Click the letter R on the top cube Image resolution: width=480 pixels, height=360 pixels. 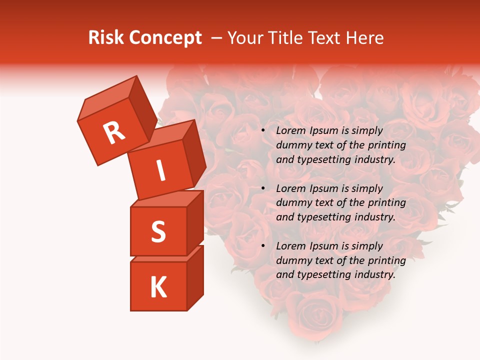114,133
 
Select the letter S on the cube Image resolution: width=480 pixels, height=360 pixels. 158,231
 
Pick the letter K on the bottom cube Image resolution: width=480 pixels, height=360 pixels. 158,287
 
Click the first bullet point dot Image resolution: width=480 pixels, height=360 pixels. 263,131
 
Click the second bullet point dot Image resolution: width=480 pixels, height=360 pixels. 263,189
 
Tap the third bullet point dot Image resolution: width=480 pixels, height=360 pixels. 263,246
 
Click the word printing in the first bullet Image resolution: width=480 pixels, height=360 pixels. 387,145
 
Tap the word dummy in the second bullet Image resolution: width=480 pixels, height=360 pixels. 292,203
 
